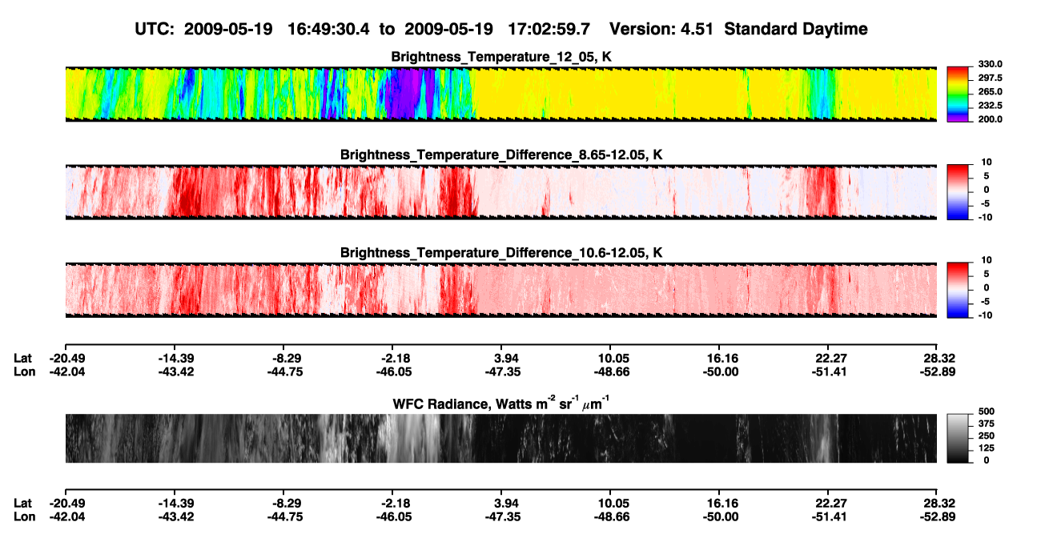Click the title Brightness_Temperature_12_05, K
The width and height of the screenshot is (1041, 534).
(x=501, y=57)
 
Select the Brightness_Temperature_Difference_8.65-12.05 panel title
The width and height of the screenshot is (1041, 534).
(x=501, y=155)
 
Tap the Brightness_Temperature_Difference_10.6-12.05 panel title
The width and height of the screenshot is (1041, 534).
(x=501, y=253)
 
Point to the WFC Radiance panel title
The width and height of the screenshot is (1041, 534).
(x=501, y=404)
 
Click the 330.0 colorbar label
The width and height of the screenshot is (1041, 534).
(x=990, y=64)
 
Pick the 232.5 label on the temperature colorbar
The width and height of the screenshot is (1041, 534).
(x=990, y=106)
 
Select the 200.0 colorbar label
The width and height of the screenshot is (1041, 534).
(x=990, y=119)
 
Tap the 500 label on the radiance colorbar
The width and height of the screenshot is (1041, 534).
(x=987, y=412)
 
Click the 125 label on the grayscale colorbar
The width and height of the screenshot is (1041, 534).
(x=987, y=448)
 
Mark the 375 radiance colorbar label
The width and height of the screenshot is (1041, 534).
(x=987, y=424)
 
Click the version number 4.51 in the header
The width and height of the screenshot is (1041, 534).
(x=697, y=29)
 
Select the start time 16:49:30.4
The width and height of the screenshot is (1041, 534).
(x=328, y=29)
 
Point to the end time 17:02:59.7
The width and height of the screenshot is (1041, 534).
(x=549, y=29)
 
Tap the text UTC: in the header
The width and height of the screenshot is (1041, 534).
(x=155, y=29)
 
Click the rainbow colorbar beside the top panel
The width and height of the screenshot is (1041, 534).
(x=958, y=94)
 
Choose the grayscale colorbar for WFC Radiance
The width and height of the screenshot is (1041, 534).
(x=958, y=438)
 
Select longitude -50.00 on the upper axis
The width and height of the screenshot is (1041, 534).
(x=721, y=371)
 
